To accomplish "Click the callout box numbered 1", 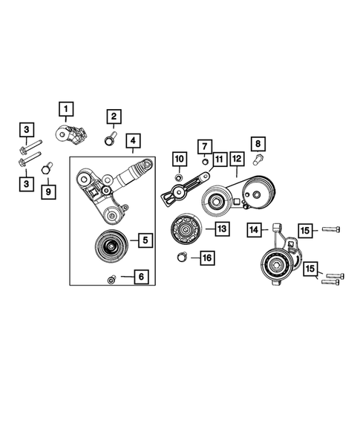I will click(66, 111).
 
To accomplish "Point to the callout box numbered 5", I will click(143, 240).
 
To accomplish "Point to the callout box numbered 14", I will click(255, 231).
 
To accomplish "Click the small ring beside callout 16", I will click(180, 257).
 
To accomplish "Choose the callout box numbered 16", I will click(206, 258).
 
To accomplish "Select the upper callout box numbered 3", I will click(26, 131).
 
